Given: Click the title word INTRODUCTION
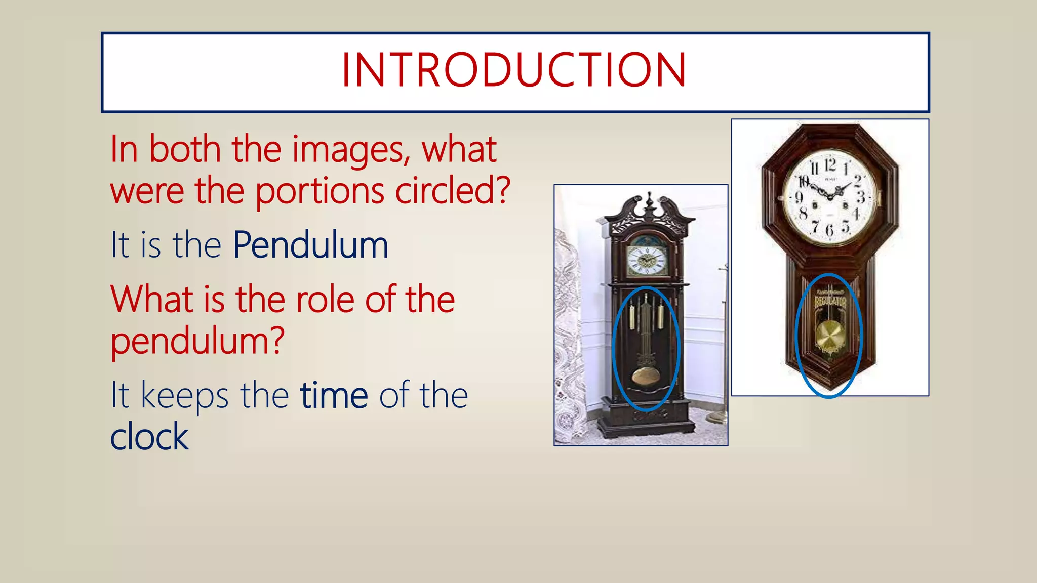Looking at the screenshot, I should pyautogui.click(x=514, y=70).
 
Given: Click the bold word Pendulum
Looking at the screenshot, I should pyautogui.click(x=310, y=245).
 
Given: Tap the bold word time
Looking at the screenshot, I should pyautogui.click(x=334, y=395).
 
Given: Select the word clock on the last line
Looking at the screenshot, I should pyautogui.click(x=149, y=437).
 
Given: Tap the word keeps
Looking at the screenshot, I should pyautogui.click(x=184, y=395).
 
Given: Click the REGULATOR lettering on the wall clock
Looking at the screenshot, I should pyautogui.click(x=830, y=302).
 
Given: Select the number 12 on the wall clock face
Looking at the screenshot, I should pyautogui.click(x=829, y=165).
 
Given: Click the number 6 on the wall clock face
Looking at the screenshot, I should pyautogui.click(x=829, y=231).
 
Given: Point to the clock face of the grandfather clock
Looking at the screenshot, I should pyautogui.click(x=646, y=260).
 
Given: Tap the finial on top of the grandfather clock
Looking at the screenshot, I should pyautogui.click(x=650, y=200).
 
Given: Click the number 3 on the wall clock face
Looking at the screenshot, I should pyautogui.click(x=860, y=197).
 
